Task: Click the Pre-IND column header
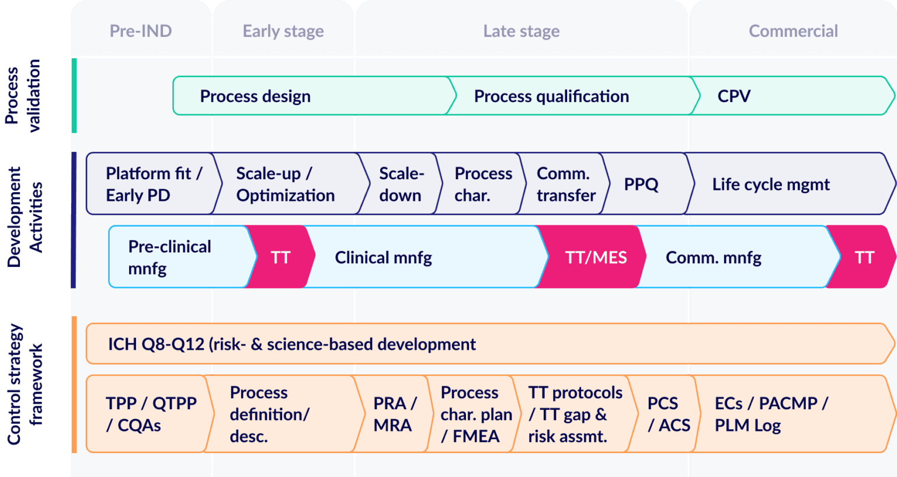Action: (141, 31)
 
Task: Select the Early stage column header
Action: (283, 31)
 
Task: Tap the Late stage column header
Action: (521, 31)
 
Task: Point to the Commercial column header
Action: (793, 31)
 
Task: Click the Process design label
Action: (255, 96)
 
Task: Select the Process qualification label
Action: (551, 96)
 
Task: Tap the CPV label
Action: (734, 96)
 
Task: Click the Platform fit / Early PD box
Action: (153, 184)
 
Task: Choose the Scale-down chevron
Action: (401, 184)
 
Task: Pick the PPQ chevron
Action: (641, 184)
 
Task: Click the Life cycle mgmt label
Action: (771, 184)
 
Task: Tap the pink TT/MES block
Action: (596, 257)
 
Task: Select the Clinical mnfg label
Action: (383, 257)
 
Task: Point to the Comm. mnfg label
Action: (714, 257)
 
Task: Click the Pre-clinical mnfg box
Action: (169, 257)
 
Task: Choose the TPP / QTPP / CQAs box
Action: (151, 414)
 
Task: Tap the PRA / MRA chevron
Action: (394, 414)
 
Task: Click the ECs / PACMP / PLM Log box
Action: (771, 414)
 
